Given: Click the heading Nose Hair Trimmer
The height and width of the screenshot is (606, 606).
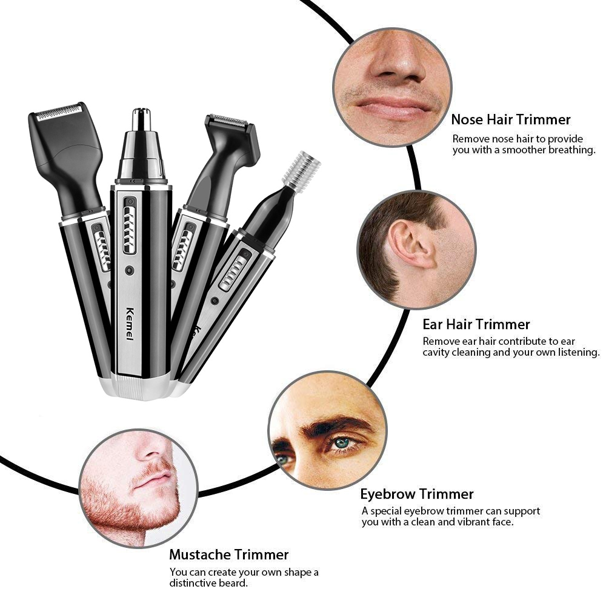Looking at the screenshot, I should (x=511, y=119).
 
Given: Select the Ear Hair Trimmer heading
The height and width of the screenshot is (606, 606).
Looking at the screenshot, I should (x=476, y=324).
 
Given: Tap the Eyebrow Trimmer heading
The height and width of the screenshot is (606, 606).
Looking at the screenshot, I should (x=417, y=494).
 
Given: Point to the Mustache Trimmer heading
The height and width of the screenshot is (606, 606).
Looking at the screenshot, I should (x=229, y=554).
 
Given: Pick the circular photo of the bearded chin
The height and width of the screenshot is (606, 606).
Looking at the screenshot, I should (x=138, y=488).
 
